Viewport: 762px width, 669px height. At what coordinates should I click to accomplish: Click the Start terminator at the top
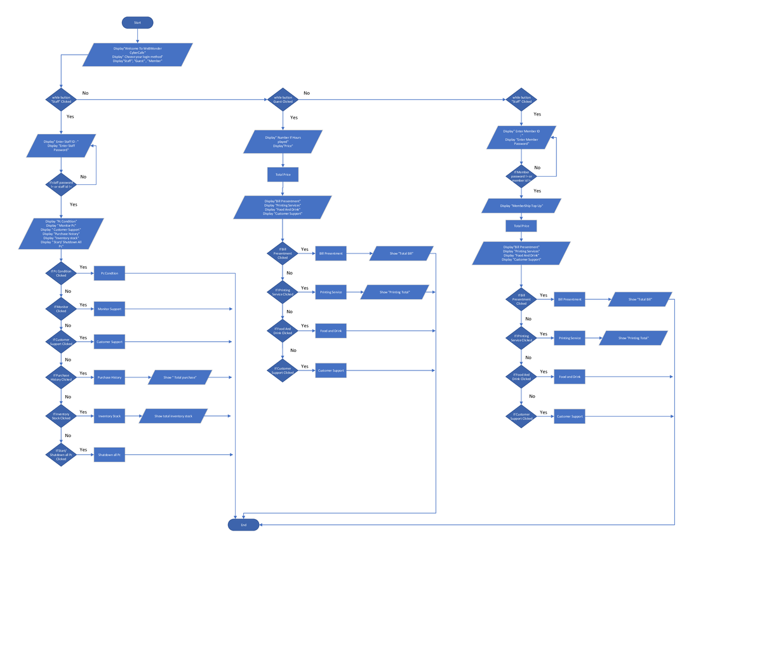137,23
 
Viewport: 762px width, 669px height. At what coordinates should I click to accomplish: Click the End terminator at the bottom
243,525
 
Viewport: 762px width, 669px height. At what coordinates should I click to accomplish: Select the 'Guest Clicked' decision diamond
283,100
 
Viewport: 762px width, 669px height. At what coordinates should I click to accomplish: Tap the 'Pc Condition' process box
109,273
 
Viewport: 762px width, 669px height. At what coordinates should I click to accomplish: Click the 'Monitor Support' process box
109,309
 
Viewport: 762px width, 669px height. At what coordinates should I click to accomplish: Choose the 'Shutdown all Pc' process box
109,455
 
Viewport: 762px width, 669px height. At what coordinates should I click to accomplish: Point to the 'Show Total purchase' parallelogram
180,377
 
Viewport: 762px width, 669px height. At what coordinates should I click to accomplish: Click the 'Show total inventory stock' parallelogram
173,416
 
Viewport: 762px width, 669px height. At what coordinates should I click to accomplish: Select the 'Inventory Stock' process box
109,416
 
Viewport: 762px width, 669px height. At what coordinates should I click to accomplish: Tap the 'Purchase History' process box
109,377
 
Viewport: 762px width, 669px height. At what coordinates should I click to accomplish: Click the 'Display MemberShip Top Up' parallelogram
521,206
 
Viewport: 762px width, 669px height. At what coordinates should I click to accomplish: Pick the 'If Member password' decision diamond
521,176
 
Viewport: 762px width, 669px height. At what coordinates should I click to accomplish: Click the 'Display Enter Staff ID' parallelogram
61,145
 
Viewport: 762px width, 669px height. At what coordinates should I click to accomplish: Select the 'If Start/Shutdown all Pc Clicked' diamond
61,455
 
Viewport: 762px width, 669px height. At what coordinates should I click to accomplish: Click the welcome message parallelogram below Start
137,55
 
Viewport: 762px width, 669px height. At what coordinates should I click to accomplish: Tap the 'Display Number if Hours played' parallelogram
283,142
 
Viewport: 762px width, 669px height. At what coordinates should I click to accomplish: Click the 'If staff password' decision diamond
61,185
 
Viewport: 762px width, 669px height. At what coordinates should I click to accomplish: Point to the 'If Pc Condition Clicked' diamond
61,273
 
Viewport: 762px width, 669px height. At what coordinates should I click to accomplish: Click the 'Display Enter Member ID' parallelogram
521,137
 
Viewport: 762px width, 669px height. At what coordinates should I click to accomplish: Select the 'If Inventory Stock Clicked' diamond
61,416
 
